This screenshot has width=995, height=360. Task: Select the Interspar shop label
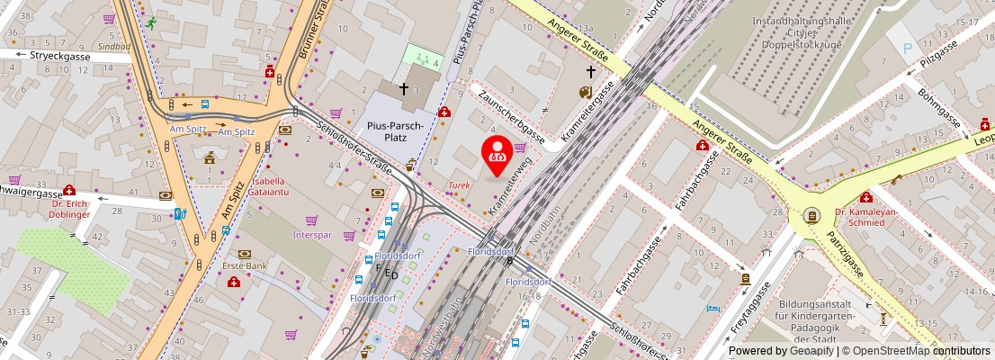pyautogui.click(x=312, y=235)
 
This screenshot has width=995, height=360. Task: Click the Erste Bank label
pyautogui.click(x=244, y=266)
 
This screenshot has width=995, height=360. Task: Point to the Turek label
pyautogui.click(x=459, y=185)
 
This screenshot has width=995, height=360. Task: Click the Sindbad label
pyautogui.click(x=113, y=45)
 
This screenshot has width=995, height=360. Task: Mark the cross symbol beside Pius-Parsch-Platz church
pyautogui.click(x=404, y=88)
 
